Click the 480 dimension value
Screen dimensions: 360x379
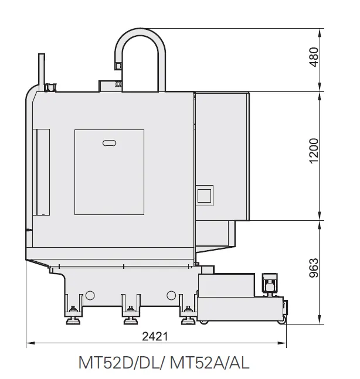[x=314, y=57]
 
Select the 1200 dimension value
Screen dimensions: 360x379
[x=314, y=151]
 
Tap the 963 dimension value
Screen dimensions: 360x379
[x=314, y=268]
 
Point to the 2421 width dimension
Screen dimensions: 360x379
[x=155, y=336]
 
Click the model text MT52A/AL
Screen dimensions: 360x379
[x=209, y=363]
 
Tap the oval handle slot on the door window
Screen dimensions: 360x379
[x=110, y=143]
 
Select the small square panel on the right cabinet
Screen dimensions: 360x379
[x=204, y=196]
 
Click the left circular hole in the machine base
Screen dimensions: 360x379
[x=90, y=295]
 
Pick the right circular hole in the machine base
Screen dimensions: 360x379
[x=171, y=295]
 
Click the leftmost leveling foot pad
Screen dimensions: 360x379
[x=73, y=322]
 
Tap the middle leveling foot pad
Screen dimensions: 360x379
[x=131, y=322]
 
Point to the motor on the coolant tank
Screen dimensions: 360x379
[x=270, y=284]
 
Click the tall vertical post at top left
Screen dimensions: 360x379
[x=42, y=72]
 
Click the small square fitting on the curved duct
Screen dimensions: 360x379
[x=118, y=66]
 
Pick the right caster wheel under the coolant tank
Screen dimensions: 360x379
[x=281, y=322]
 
